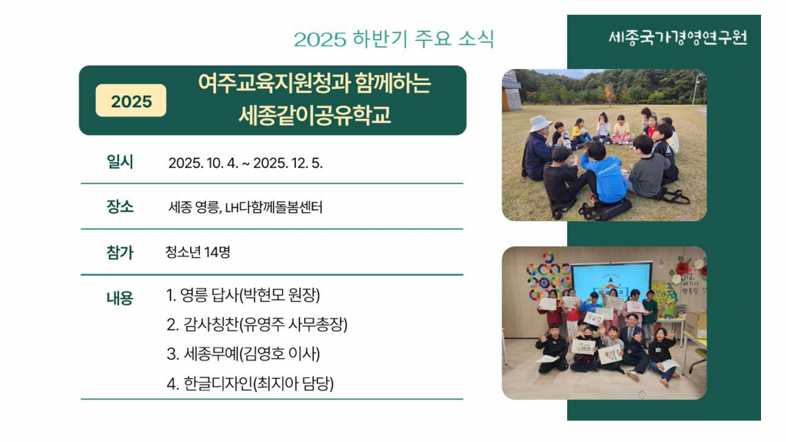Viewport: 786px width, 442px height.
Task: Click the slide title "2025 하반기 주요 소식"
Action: click(x=394, y=39)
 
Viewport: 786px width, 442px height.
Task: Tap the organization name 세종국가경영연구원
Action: click(x=678, y=37)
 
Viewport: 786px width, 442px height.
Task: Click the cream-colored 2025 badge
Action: click(x=131, y=101)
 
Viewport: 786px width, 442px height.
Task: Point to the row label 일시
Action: click(x=120, y=162)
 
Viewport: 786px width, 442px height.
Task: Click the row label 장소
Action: click(x=120, y=206)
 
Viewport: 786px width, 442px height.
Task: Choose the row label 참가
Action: click(x=120, y=252)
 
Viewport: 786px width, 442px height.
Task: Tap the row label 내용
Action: click(x=120, y=298)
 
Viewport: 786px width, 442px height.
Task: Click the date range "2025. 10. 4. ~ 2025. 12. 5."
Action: click(x=245, y=164)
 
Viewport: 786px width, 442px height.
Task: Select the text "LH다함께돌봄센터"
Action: click(x=274, y=207)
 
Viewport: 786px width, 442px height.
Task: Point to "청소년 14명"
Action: click(x=198, y=252)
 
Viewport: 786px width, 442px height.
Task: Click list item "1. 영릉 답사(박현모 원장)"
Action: click(x=243, y=295)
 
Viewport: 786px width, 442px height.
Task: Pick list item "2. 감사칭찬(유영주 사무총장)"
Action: click(x=256, y=325)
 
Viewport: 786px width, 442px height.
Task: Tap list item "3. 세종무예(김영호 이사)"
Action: click(x=243, y=355)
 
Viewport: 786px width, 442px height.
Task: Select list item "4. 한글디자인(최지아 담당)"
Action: click(x=250, y=384)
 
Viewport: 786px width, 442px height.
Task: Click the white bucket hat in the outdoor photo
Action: click(x=539, y=123)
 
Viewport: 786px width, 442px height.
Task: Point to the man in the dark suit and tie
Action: click(x=634, y=344)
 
